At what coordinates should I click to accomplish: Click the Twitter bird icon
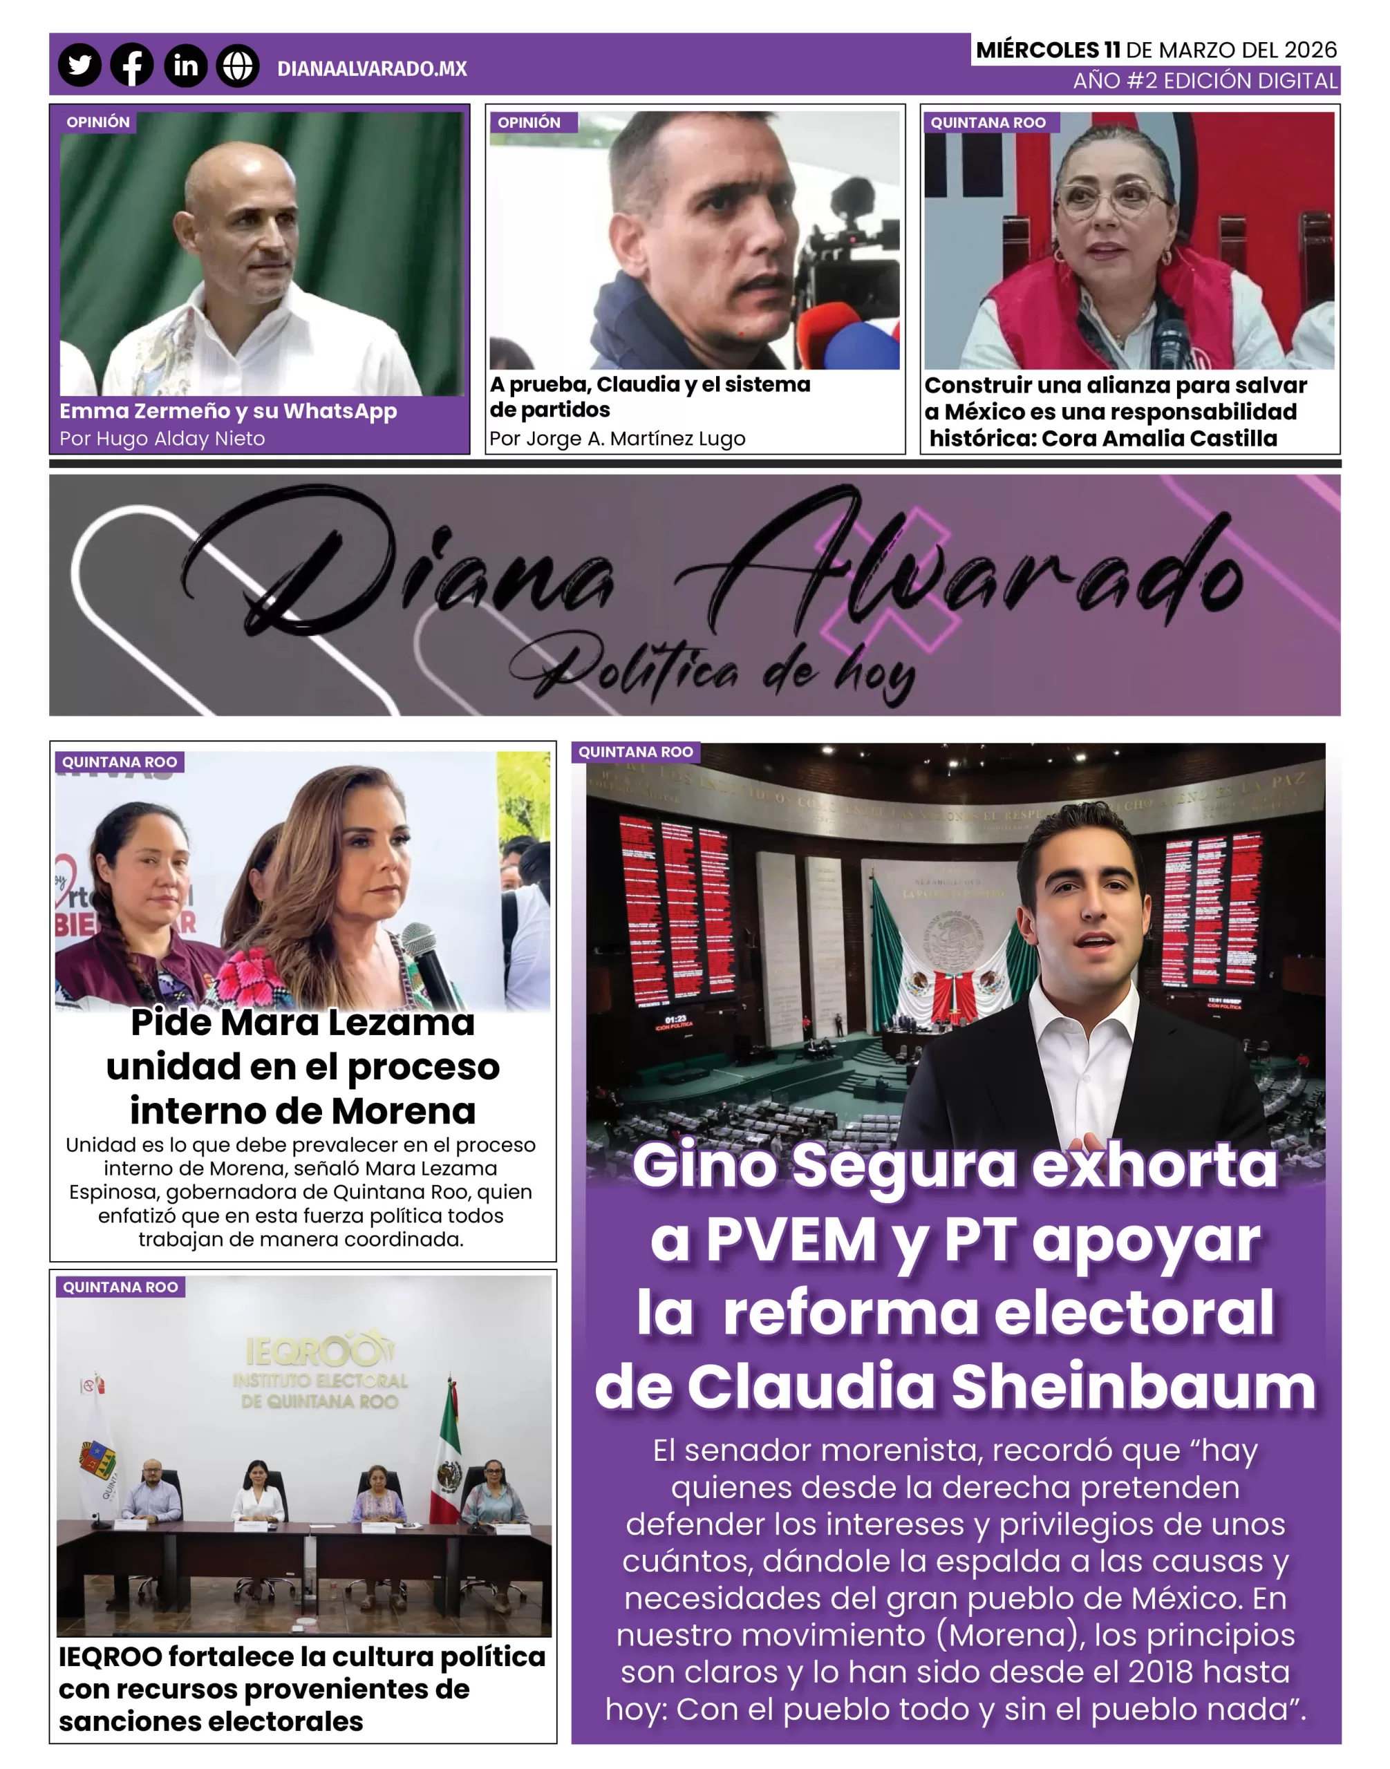[79, 65]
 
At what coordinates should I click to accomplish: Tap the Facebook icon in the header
[132, 65]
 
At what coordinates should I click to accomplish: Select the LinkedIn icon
[185, 65]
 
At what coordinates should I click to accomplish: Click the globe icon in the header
[238, 65]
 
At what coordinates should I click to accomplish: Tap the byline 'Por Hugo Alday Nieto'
[162, 439]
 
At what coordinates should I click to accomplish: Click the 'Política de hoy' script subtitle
[713, 670]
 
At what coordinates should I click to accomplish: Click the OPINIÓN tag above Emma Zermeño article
[98, 122]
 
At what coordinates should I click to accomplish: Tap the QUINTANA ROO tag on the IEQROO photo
[120, 1287]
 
